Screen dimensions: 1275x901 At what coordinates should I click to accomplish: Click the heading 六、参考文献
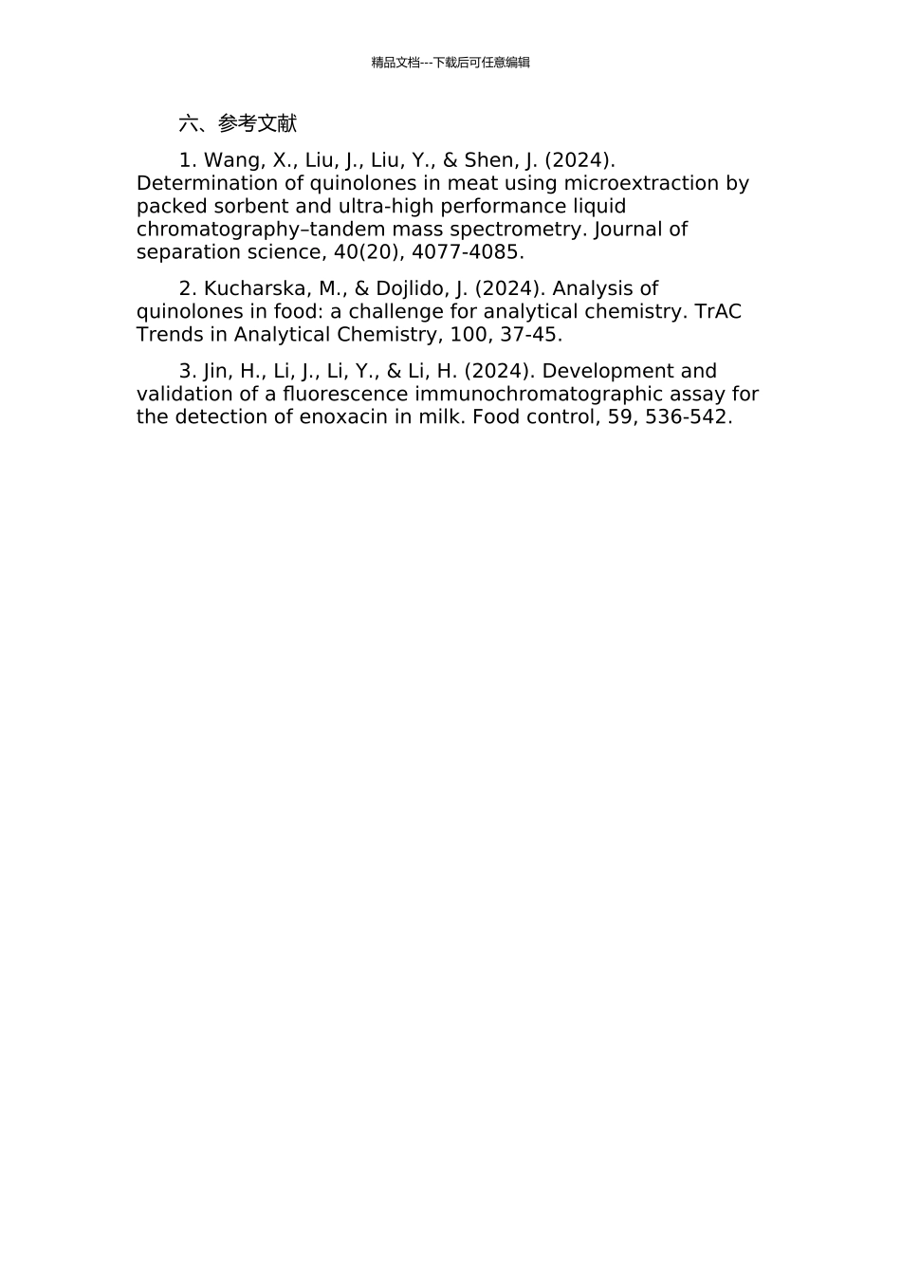pos(237,123)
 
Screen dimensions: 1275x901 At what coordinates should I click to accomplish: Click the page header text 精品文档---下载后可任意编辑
pos(450,63)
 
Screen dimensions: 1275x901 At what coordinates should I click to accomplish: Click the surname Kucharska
pos(248,288)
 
